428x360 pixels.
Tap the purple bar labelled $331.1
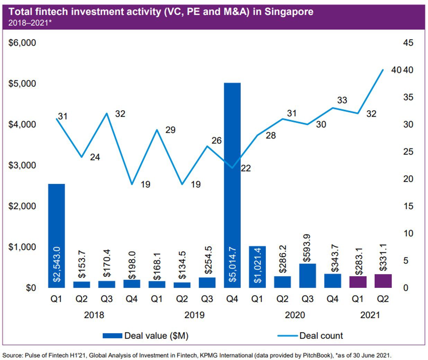(x=383, y=281)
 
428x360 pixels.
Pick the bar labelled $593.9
(x=307, y=275)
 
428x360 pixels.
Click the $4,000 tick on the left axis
(x=22, y=124)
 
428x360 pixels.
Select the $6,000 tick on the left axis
(x=22, y=43)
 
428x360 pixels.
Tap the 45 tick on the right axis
(x=408, y=43)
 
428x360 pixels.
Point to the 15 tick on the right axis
(x=408, y=206)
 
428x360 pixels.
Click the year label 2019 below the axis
(x=194, y=315)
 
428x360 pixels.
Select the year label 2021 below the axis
(x=370, y=315)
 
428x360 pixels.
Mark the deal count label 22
(x=246, y=168)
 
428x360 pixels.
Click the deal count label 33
(x=342, y=100)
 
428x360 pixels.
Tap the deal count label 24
(x=95, y=157)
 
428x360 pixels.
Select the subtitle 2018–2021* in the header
(x=30, y=23)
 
